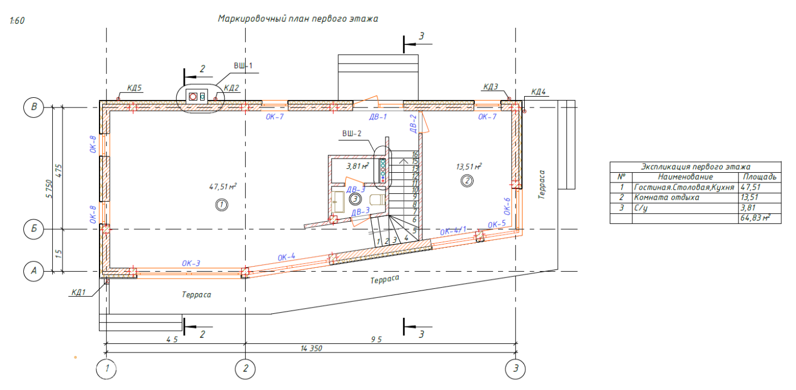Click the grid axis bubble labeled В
(34, 107)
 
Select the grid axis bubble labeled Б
(34, 229)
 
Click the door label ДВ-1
(378, 117)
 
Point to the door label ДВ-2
(413, 123)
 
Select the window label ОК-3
(191, 263)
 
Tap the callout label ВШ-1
(243, 66)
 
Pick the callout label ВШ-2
(351, 134)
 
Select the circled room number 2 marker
(466, 181)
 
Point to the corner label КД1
(78, 293)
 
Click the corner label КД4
(538, 92)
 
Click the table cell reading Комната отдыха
(666, 197)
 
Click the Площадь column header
(758, 177)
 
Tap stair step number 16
(415, 154)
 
